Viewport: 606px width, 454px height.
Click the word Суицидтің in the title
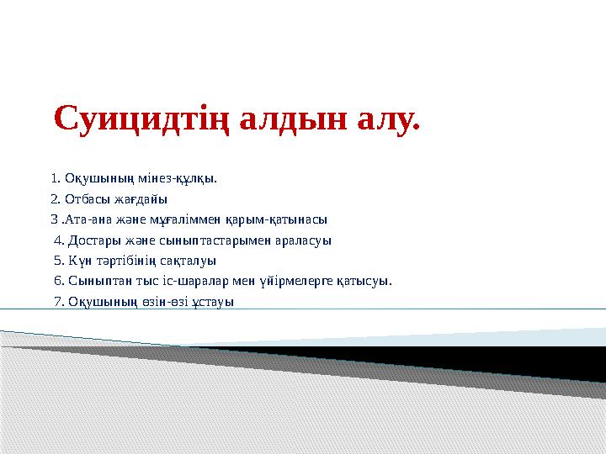click(141, 119)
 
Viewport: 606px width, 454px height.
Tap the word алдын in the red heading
click(294, 118)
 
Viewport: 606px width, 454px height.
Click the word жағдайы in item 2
click(141, 199)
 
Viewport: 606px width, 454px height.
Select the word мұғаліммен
click(185, 220)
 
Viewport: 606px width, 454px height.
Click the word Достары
click(94, 240)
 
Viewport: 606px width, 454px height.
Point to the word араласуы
click(303, 240)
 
